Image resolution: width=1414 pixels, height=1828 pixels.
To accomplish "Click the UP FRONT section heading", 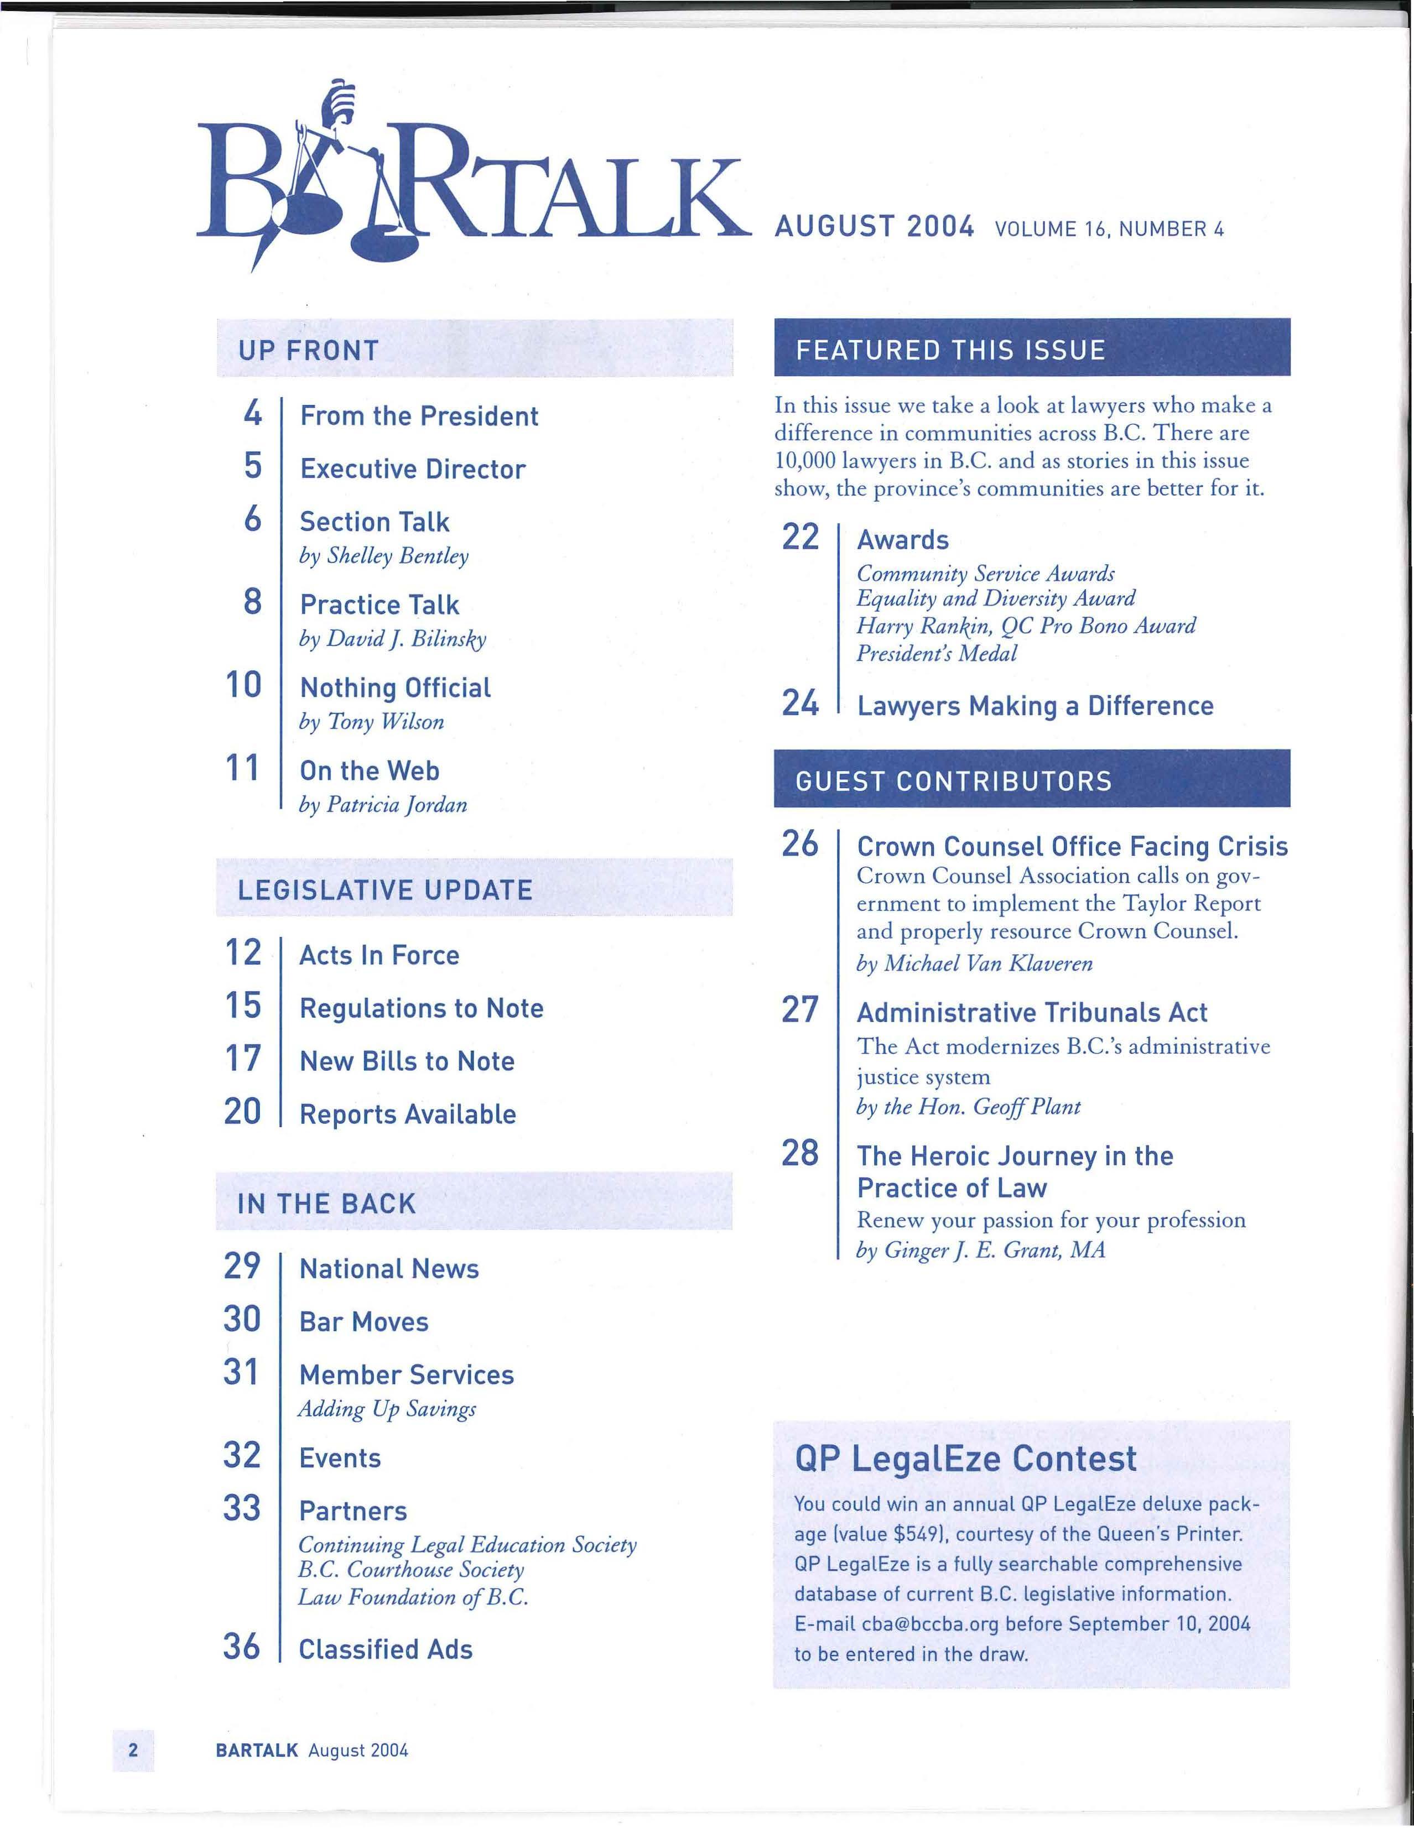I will point(308,350).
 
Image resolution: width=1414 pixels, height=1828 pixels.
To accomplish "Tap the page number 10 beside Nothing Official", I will point(243,685).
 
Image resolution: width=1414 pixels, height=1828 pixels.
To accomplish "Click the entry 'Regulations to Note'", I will point(421,1008).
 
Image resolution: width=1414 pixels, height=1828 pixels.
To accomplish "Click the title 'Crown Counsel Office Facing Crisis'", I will point(1072,846).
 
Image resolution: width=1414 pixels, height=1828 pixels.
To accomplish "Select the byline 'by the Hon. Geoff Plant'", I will point(968,1107).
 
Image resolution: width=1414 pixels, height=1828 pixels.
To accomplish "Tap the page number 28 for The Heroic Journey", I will point(799,1153).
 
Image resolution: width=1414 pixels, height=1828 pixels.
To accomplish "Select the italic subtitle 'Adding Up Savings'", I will point(387,1409).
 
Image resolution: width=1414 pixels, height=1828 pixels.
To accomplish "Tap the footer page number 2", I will point(133,1749).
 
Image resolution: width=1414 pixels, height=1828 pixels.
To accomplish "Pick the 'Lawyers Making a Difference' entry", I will point(1034,706).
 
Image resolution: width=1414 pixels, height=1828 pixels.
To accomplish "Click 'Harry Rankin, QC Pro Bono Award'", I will point(1026,626).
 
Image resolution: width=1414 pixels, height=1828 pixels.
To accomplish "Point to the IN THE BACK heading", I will point(326,1204).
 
